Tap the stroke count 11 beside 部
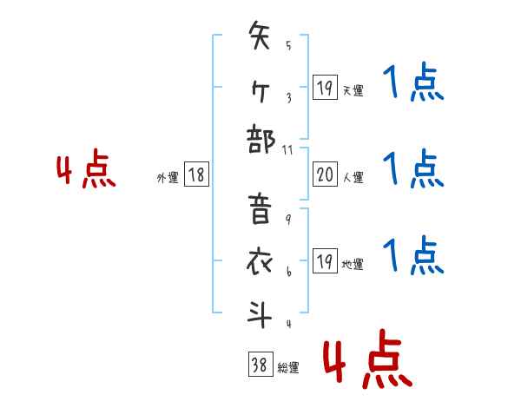(288, 150)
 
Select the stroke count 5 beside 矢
(287, 46)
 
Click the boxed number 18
(196, 175)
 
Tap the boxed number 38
(259, 365)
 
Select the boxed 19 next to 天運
(324, 88)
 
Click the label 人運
(353, 177)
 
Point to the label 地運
(353, 264)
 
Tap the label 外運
(168, 177)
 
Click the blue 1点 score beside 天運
(413, 85)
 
